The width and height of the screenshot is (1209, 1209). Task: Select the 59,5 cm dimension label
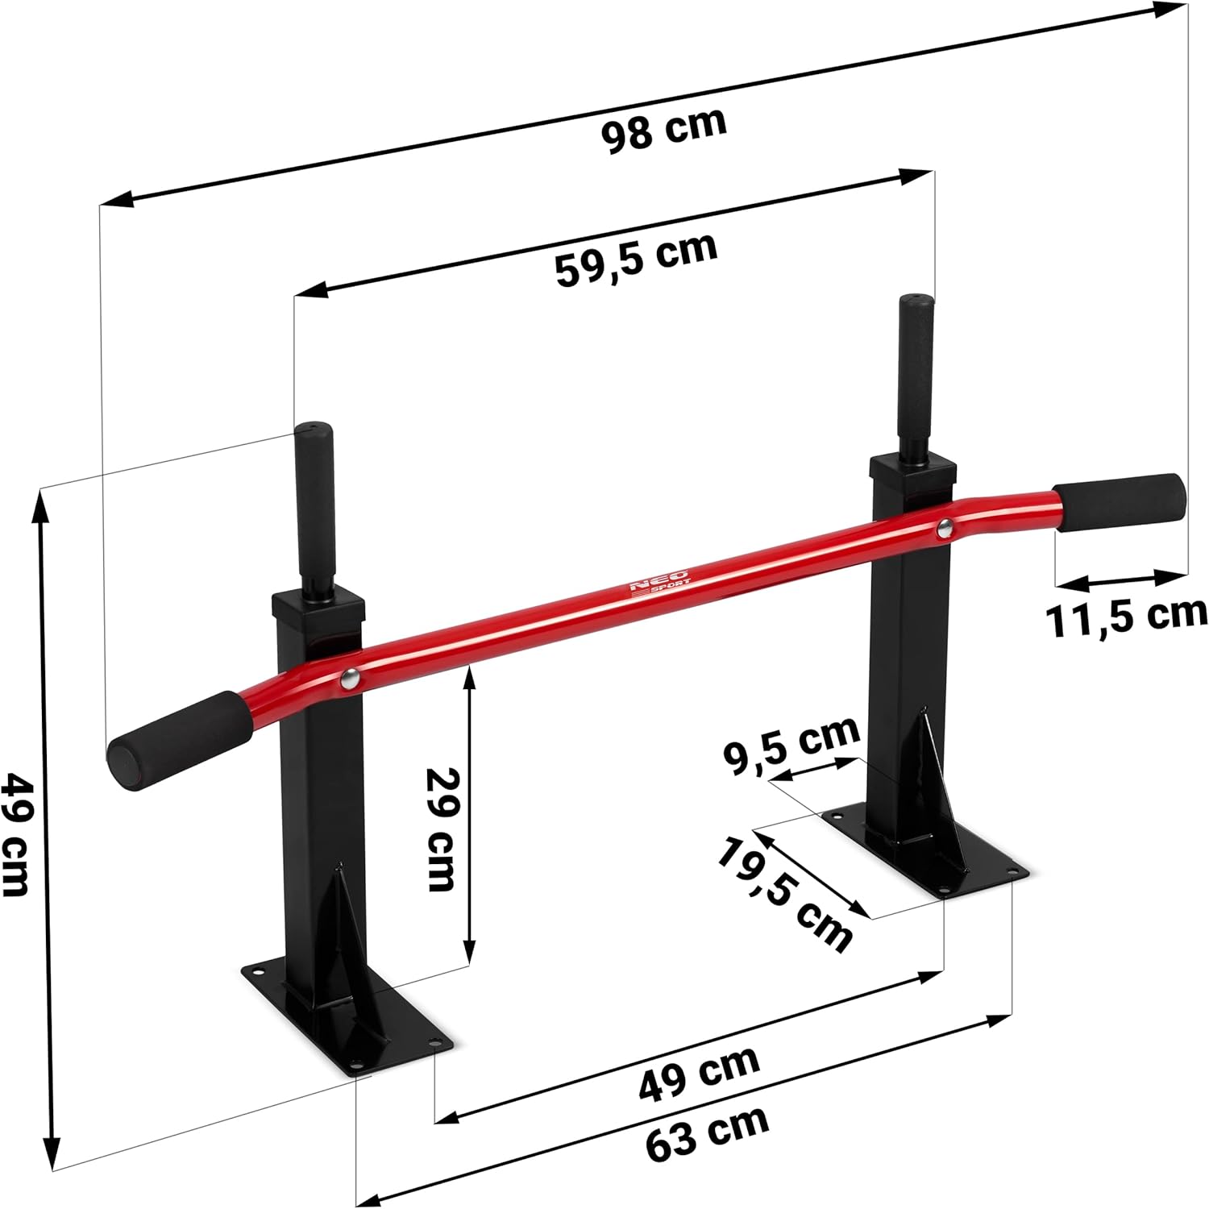point(636,260)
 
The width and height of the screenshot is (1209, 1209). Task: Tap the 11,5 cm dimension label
point(1126,617)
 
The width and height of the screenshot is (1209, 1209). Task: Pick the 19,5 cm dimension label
point(783,895)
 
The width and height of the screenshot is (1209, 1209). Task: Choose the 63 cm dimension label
point(708,1132)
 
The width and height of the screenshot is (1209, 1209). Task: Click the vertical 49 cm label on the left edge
point(16,833)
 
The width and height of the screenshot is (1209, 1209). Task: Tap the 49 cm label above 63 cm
point(699,1073)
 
